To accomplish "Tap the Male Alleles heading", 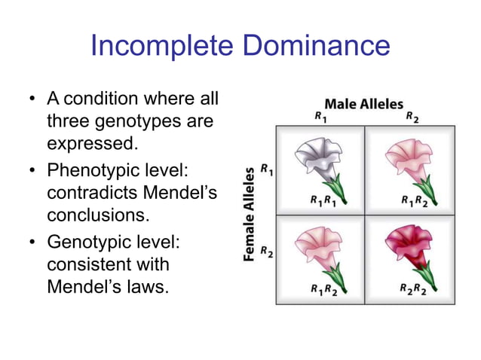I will (x=363, y=104).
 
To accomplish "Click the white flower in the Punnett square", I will (x=319, y=159).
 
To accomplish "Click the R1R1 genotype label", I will (x=323, y=201).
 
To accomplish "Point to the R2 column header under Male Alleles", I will (x=411, y=117).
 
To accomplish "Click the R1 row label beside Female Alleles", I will (x=266, y=171).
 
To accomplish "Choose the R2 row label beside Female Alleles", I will (x=266, y=251).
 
